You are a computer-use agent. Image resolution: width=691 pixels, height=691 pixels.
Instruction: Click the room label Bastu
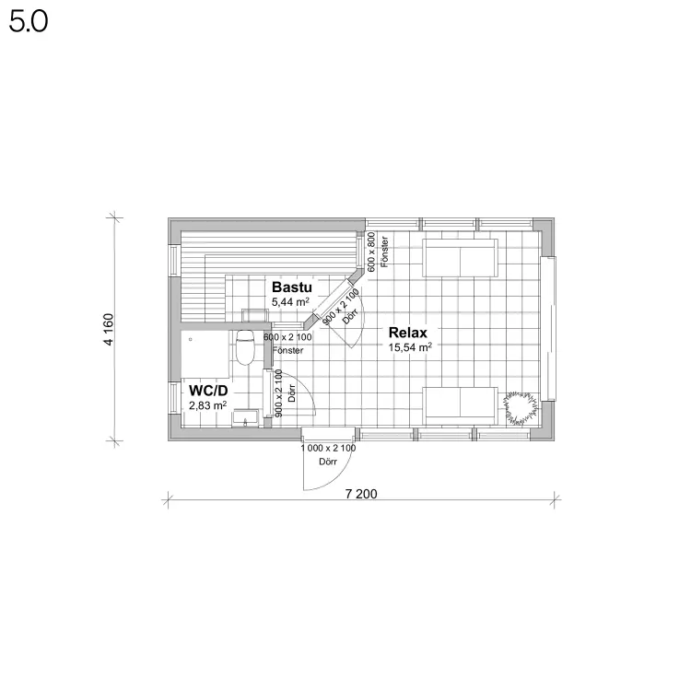point(292,287)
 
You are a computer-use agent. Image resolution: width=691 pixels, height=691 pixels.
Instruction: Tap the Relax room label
point(407,333)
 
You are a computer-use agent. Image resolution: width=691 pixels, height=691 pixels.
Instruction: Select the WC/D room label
point(208,391)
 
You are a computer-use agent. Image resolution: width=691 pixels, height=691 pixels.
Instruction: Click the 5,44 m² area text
point(290,302)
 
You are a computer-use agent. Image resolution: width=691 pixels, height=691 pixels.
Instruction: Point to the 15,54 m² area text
point(410,347)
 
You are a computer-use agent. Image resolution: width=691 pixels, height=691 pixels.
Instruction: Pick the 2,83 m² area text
point(207,405)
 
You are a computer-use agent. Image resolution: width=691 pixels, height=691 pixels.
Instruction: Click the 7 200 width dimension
point(361,494)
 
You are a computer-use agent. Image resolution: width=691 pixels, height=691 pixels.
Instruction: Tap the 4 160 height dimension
point(109,329)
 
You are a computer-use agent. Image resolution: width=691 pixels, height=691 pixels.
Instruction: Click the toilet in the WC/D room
point(245,347)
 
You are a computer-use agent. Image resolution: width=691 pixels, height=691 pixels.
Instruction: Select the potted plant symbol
point(521,408)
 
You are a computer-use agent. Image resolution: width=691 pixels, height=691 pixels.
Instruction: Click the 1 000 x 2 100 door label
point(328,448)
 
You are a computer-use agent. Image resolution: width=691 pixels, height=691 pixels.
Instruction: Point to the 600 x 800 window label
point(371,252)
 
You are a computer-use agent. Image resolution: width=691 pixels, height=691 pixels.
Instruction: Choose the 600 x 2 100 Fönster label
point(287,344)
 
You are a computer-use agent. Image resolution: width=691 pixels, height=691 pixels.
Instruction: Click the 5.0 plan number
point(29,21)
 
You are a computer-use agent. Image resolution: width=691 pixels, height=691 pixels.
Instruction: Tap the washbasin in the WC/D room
point(246,417)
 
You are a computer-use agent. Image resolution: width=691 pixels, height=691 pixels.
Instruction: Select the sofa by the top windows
point(460,258)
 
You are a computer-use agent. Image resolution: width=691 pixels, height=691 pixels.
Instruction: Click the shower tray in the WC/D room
point(205,355)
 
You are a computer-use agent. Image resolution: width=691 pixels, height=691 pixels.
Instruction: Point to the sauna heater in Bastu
point(255,315)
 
